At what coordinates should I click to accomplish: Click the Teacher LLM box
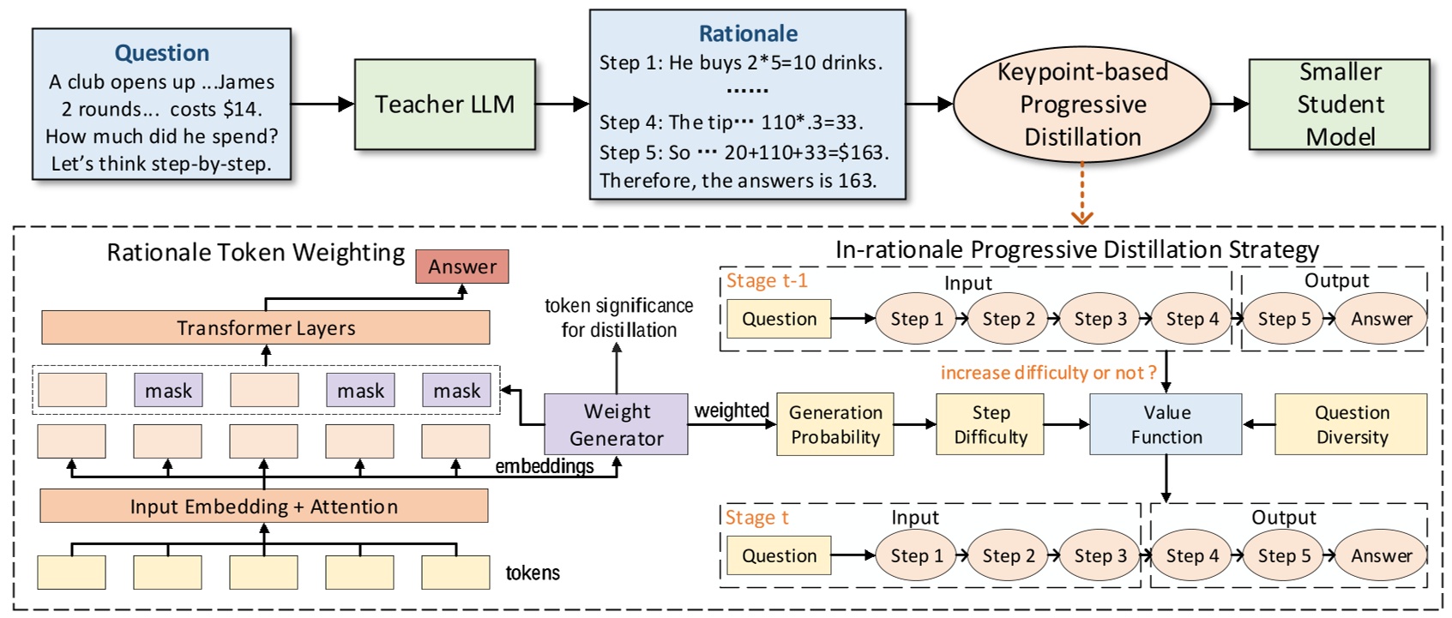[x=444, y=105]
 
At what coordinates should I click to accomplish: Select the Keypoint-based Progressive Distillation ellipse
[x=1082, y=105]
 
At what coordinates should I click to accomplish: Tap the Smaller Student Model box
[x=1339, y=105]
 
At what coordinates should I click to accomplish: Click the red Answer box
[x=462, y=267]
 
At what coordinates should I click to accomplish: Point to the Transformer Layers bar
[x=266, y=327]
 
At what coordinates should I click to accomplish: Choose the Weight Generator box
[x=616, y=424]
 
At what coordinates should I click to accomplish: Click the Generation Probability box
[x=834, y=424]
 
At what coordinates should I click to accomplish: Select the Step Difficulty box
[x=991, y=424]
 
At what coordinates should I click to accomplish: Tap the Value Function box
[x=1166, y=424]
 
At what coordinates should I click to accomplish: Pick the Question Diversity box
[x=1351, y=424]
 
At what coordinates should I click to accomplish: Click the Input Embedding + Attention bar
[x=264, y=507]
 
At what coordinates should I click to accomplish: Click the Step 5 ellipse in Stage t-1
[x=1284, y=319]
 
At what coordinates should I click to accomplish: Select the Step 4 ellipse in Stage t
[x=1191, y=555]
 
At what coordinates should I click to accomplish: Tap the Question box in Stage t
[x=779, y=555]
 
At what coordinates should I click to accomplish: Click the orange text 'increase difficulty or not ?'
[x=1048, y=373]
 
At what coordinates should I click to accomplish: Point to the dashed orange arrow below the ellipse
[x=1082, y=193]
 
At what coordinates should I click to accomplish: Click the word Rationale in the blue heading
[x=748, y=33]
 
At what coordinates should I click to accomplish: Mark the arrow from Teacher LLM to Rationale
[x=562, y=105]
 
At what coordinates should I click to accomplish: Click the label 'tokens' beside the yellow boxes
[x=533, y=573]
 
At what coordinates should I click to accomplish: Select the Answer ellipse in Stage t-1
[x=1381, y=319]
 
